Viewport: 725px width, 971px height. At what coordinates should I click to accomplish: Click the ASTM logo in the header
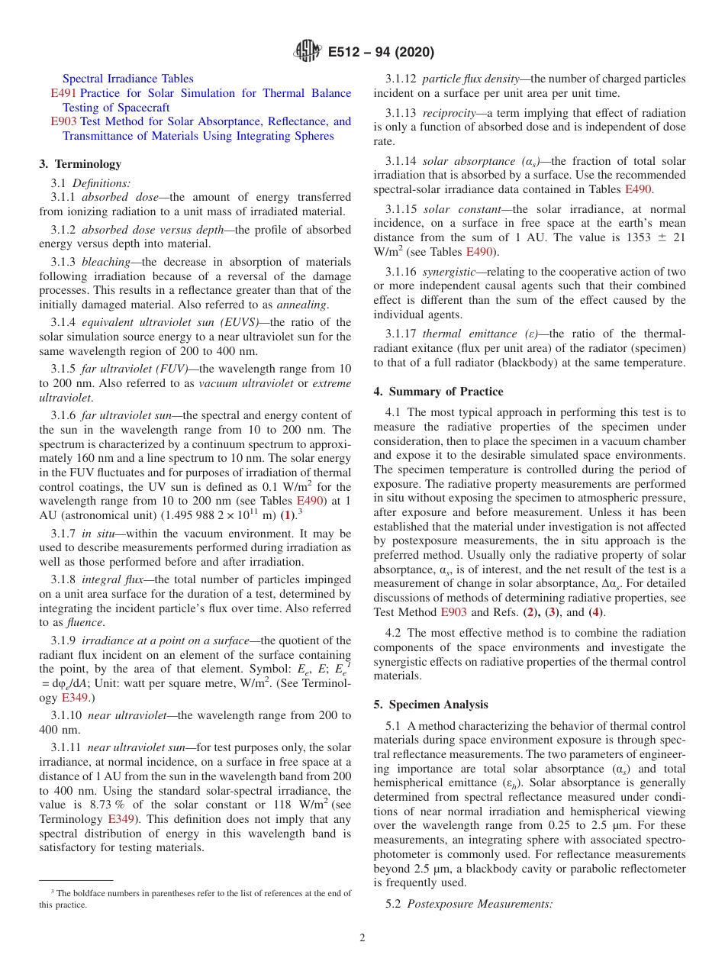pos(307,52)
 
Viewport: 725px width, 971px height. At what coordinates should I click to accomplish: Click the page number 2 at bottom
pos(362,937)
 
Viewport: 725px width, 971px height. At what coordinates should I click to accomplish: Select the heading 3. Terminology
pos(80,163)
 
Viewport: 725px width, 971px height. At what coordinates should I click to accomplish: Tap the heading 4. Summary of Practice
pos(438,392)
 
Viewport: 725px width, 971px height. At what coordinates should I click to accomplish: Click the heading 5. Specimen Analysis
pos(430,705)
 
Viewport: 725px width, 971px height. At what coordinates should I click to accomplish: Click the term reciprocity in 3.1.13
pos(450,113)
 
